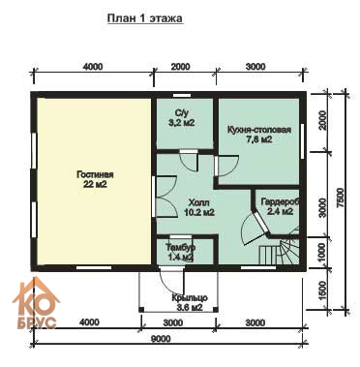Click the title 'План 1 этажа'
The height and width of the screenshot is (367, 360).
(145, 18)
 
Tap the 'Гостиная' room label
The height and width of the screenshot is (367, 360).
(95, 174)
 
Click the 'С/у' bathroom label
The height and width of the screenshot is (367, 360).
(181, 113)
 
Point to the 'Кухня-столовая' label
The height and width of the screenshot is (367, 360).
(259, 130)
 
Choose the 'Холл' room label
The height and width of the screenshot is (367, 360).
(198, 202)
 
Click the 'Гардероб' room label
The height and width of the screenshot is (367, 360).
(281, 202)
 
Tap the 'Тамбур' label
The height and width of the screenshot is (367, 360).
(180, 248)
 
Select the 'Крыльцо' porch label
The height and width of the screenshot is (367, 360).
(190, 298)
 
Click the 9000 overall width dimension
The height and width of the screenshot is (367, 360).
(161, 339)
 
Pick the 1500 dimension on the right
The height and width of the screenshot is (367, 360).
(322, 291)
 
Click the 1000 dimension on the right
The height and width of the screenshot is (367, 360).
(322, 253)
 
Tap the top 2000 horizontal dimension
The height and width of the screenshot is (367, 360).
(180, 67)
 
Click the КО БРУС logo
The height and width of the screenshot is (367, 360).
(36, 303)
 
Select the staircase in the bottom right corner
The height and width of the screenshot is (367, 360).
(280, 249)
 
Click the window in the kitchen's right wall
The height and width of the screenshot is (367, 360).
(303, 141)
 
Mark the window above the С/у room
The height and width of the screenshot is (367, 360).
(182, 95)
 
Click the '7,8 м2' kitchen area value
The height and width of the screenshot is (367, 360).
(258, 139)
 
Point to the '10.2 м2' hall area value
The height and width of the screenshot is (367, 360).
(199, 212)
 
